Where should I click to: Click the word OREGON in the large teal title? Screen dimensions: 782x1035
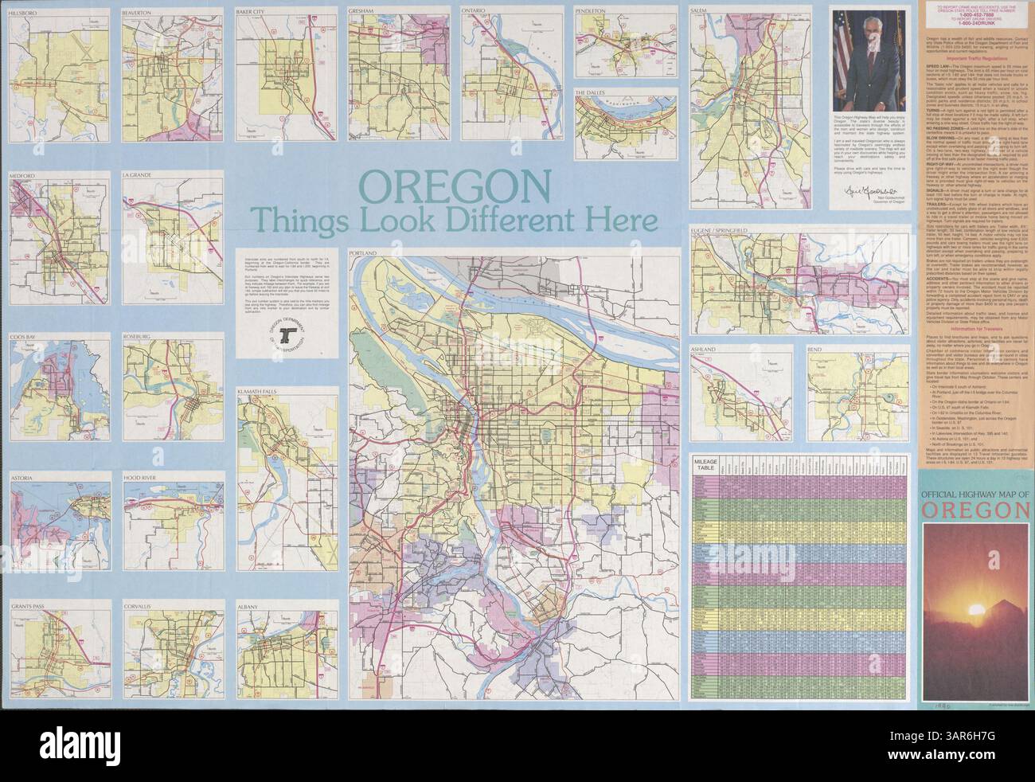point(453,188)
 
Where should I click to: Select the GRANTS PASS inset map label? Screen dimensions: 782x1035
point(32,606)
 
